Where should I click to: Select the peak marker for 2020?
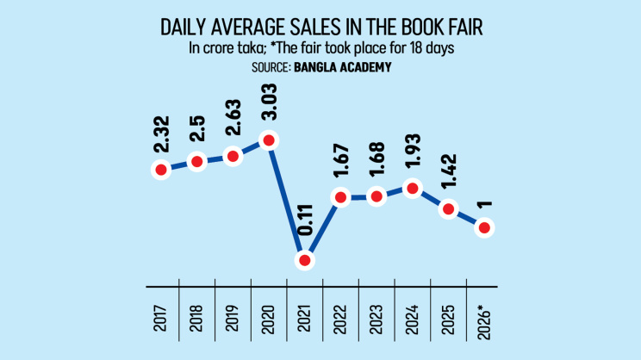[270, 140]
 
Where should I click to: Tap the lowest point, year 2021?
[304, 259]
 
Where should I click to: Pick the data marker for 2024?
[412, 189]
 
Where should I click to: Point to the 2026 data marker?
[484, 228]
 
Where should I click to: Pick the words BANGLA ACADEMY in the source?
[343, 66]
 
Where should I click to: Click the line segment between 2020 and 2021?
[287, 200]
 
